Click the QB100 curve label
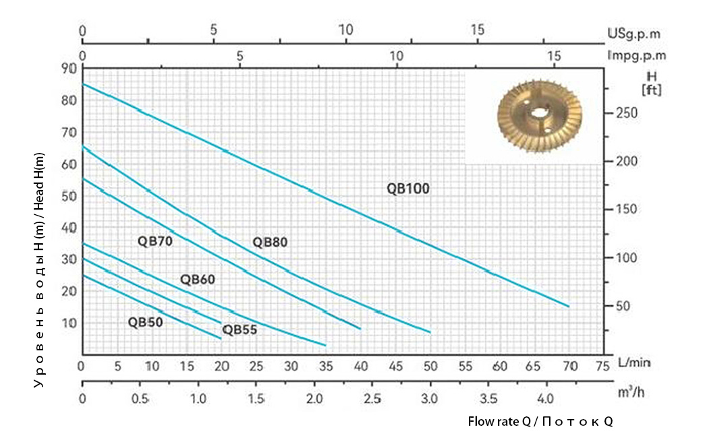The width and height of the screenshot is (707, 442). [x=408, y=189]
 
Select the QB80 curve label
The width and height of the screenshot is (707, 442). [x=270, y=243]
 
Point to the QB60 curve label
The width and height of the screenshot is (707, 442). [x=197, y=280]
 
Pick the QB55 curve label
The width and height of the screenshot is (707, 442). [x=239, y=329]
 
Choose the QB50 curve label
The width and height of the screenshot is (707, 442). [x=145, y=321]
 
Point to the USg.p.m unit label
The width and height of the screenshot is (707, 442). [x=633, y=32]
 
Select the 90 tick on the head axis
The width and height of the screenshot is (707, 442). [x=67, y=68]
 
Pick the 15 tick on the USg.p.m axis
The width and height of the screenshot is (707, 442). [x=477, y=30]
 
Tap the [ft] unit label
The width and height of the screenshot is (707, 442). [x=652, y=89]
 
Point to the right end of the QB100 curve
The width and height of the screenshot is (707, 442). [x=569, y=307]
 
